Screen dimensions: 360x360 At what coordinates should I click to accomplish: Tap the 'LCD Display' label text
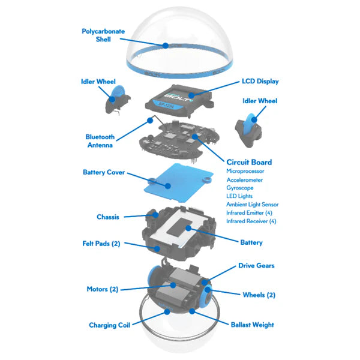point(260,81)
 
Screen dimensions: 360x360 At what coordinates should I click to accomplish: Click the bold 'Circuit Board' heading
point(249,162)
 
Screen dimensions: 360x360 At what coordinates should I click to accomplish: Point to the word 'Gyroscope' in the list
point(241,188)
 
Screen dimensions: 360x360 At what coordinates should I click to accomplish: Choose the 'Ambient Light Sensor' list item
point(252,205)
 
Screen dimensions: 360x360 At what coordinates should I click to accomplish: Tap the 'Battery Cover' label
point(104,172)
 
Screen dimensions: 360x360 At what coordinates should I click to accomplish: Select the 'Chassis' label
point(108,217)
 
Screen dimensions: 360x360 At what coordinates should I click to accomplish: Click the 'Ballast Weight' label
point(252,325)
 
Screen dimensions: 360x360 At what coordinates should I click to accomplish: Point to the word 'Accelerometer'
point(245,179)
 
